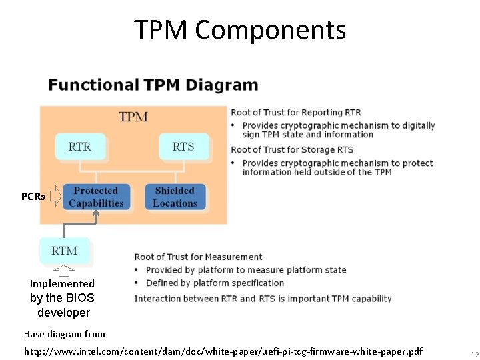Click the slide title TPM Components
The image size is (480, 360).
[x=240, y=30]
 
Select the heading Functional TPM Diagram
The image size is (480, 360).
[x=153, y=85]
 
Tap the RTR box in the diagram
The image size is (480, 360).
[x=80, y=146]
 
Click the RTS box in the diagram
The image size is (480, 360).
[x=183, y=146]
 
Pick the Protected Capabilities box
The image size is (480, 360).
[x=96, y=197]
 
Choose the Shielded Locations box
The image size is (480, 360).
[x=175, y=197]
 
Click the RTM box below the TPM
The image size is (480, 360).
[x=65, y=251]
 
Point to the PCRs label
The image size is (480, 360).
[x=33, y=197]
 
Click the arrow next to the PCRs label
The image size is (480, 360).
[x=55, y=196]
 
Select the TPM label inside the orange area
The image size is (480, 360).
[x=133, y=117]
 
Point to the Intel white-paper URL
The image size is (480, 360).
[x=223, y=351]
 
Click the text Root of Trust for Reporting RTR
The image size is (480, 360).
[x=296, y=112]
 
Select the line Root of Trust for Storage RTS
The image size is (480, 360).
[x=292, y=149]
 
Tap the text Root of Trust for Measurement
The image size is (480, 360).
[x=198, y=257]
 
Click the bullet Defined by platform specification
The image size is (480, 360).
[x=215, y=283]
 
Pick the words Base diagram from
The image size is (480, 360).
[x=65, y=334]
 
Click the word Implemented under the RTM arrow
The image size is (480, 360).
[x=62, y=284]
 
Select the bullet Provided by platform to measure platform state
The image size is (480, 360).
[x=246, y=270]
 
